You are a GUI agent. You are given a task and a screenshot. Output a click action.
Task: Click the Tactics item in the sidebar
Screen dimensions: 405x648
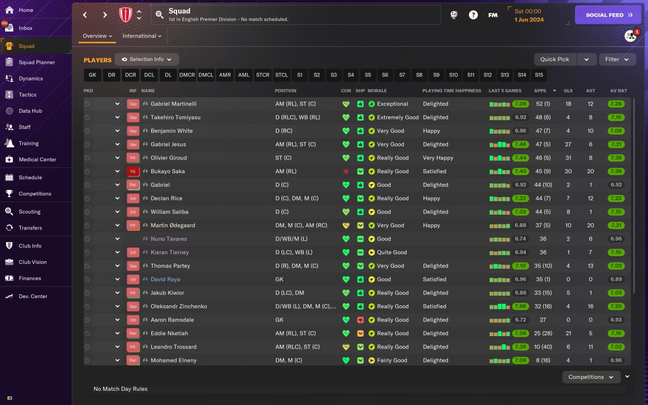click(27, 95)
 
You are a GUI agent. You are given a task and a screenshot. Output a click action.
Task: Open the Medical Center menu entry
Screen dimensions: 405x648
click(37, 159)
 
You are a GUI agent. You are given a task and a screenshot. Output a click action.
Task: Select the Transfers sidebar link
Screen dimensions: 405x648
click(30, 228)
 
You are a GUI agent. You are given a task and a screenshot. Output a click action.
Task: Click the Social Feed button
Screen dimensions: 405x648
click(608, 15)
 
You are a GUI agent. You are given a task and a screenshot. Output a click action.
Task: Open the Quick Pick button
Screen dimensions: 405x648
click(555, 59)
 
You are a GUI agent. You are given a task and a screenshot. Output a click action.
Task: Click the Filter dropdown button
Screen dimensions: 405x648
click(617, 59)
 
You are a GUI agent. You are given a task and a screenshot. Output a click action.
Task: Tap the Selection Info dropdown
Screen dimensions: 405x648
click(147, 59)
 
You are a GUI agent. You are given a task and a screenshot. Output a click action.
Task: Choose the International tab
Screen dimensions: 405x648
click(142, 36)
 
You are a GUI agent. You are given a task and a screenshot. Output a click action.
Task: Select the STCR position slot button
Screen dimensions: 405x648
click(263, 75)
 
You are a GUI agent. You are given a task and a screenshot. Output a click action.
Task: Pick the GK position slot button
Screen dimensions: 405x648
click(92, 75)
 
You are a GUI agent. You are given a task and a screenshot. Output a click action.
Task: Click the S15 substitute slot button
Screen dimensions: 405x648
click(539, 75)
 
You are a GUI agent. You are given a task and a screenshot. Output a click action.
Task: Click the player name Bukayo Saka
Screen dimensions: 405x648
click(168, 171)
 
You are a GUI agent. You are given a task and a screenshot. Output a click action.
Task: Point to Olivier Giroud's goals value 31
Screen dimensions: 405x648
click(568, 158)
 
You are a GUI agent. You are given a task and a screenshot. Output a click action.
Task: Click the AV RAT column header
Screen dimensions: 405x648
click(618, 91)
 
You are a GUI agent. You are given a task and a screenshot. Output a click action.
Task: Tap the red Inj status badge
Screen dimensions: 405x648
click(133, 171)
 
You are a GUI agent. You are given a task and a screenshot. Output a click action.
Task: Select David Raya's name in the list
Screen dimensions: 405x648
click(165, 279)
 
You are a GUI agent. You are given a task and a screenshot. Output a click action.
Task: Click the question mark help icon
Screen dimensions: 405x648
click(473, 15)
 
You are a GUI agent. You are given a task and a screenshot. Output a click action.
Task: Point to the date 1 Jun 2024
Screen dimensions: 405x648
click(529, 20)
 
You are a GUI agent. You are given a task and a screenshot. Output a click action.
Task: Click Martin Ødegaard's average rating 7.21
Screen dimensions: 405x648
click(616, 225)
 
